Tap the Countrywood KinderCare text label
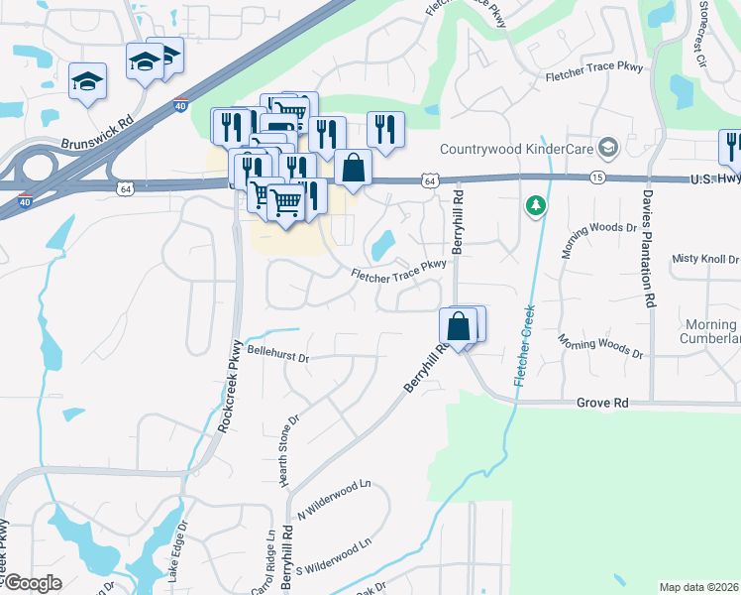[x=517, y=150]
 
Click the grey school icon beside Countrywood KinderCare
[x=608, y=149]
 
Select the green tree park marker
[x=536, y=205]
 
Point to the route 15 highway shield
[x=596, y=177]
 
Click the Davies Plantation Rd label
[x=651, y=248]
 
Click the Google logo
[x=32, y=583]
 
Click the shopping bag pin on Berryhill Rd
[x=458, y=324]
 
